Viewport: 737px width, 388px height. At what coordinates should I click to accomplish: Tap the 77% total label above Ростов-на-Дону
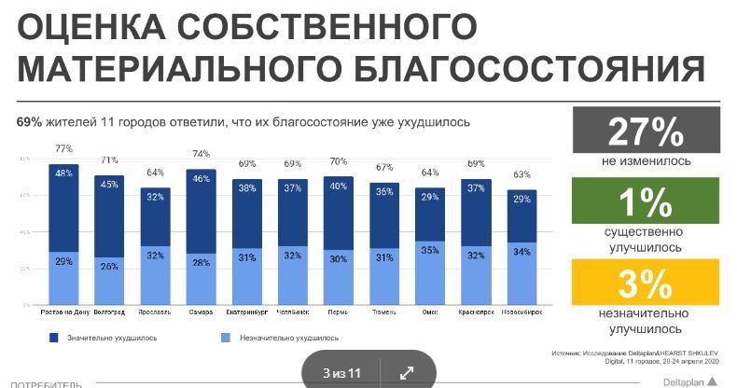[63, 148]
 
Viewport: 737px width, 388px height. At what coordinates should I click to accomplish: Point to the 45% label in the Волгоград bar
[109, 184]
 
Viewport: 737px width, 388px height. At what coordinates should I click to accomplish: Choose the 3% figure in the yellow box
[646, 283]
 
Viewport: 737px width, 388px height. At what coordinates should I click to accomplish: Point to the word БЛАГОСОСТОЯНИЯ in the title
[529, 70]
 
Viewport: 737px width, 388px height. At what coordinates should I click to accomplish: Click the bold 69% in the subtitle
[29, 122]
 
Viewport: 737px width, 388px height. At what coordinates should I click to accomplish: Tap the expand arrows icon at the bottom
[407, 373]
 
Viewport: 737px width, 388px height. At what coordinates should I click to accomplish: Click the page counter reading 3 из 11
[341, 373]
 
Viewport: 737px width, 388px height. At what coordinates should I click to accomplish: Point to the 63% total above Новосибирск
[521, 174]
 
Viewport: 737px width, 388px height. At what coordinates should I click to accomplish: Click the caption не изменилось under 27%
[646, 160]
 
